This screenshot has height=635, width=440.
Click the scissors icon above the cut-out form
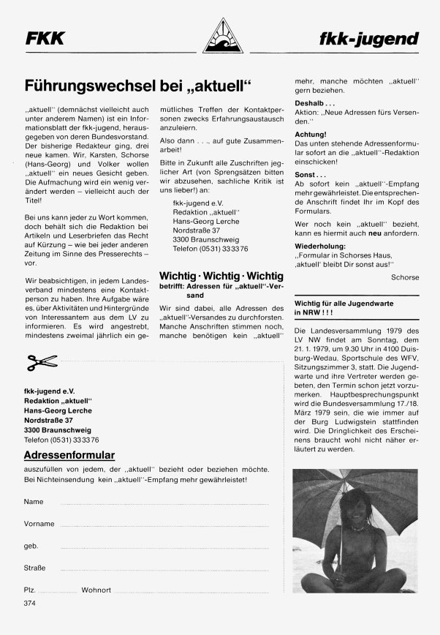(41, 361)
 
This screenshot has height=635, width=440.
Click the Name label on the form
(33, 502)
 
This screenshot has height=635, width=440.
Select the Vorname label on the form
(39, 524)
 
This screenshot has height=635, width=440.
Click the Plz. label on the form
(31, 589)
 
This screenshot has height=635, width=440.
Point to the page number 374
(29, 604)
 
